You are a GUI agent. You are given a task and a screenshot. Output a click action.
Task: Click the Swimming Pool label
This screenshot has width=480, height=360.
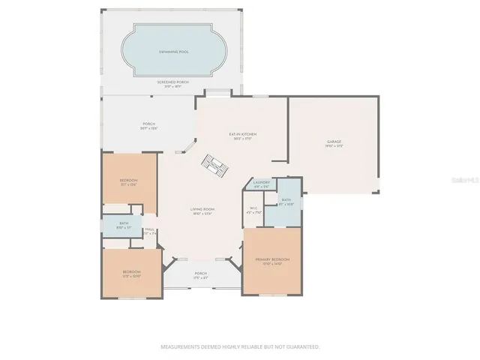172,52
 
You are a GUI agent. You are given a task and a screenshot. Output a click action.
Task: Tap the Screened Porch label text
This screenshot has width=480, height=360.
172,81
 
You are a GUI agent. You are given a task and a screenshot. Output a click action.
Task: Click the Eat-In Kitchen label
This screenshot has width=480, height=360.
243,134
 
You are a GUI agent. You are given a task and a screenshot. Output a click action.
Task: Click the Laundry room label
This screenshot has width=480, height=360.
262,182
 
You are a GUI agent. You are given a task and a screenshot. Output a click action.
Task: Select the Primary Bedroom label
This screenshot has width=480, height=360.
271,259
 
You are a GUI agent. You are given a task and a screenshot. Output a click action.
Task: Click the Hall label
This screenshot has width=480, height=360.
150,229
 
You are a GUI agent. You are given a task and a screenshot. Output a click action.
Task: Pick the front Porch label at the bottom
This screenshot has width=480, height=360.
201,273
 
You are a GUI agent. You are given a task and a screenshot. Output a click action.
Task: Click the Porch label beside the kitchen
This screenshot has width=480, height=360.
148,124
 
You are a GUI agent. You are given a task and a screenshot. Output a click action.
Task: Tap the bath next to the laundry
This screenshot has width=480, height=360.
285,200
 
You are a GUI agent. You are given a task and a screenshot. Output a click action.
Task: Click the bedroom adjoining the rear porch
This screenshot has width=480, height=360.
129,181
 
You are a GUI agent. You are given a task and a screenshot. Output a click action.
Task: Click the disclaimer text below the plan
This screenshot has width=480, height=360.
240,346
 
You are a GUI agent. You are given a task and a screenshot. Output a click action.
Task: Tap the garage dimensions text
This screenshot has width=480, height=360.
334,146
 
